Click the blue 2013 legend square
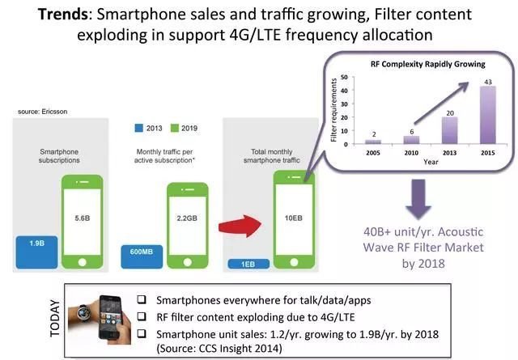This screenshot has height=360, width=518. [139, 128]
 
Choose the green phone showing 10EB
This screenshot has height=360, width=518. [291, 218]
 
